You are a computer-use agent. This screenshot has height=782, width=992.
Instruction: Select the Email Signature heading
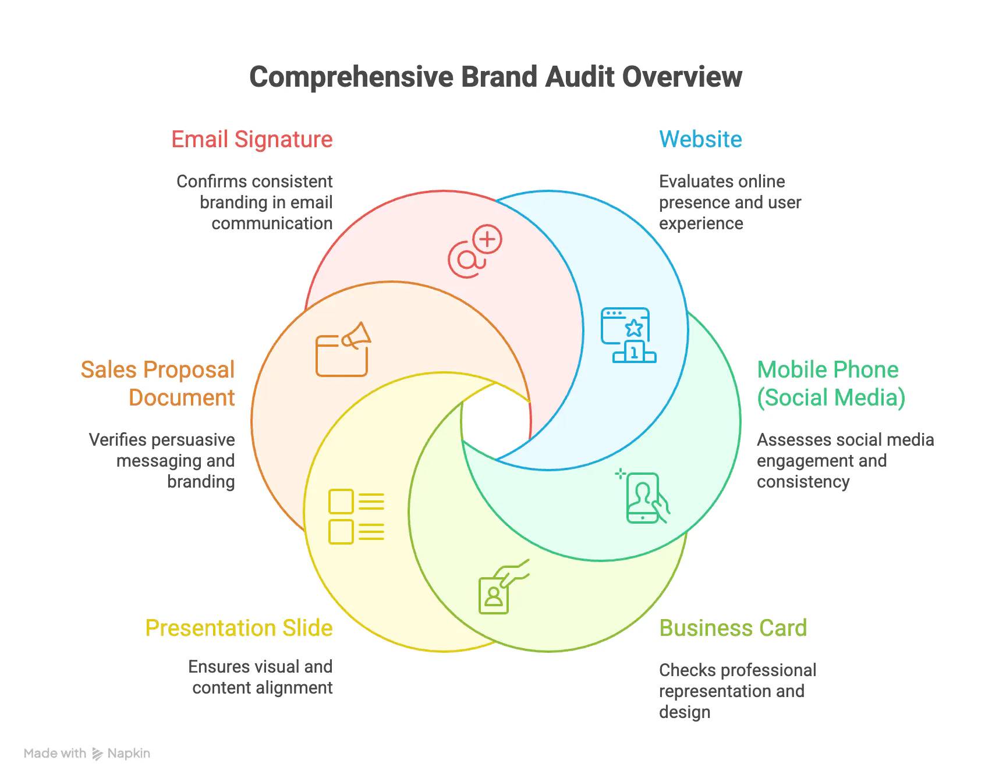click(252, 140)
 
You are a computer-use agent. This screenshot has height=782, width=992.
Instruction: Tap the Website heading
click(700, 140)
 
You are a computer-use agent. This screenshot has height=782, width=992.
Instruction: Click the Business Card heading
click(733, 628)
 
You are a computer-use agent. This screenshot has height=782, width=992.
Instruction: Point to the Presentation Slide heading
click(239, 628)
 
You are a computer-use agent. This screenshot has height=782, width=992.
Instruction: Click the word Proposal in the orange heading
click(189, 370)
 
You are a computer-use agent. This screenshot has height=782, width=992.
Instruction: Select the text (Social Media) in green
click(831, 398)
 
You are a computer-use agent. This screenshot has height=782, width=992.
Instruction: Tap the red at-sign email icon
click(474, 251)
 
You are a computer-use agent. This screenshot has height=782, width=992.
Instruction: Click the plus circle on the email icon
click(487, 239)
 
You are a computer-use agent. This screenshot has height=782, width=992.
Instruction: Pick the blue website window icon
click(629, 335)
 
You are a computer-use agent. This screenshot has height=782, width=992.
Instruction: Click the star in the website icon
click(634, 328)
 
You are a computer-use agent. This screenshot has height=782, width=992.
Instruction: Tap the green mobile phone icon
click(643, 497)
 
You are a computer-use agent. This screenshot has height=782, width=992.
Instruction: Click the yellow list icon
click(356, 517)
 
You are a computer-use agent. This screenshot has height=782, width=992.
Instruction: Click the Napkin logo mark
click(97, 754)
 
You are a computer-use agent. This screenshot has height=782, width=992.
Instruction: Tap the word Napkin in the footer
click(129, 753)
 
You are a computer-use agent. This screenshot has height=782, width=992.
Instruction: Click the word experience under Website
click(701, 223)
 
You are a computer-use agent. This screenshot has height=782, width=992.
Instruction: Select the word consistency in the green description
click(803, 482)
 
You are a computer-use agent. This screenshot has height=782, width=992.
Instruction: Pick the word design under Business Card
click(685, 712)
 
